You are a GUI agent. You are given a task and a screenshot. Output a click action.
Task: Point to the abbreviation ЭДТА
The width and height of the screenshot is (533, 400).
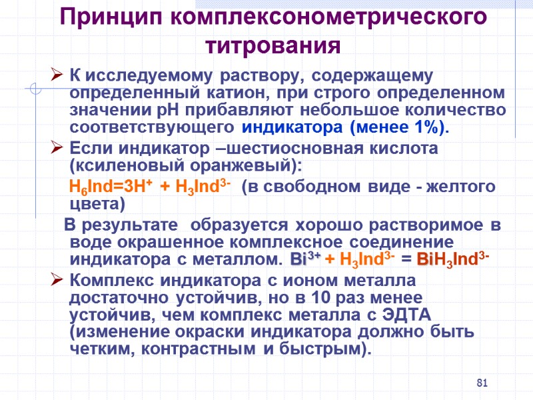(412, 314)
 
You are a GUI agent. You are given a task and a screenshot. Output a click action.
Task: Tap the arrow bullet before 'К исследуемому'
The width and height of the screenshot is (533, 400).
(56, 75)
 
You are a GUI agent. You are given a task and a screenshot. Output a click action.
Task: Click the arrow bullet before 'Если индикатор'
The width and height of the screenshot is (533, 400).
(56, 149)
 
